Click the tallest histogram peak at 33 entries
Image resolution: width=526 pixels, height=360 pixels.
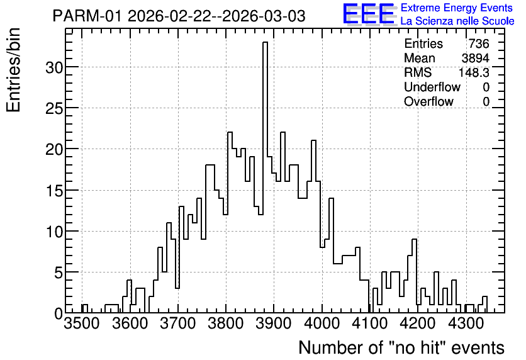pyautogui.click(x=265, y=43)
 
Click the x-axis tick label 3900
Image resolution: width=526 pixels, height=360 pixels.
pyautogui.click(x=274, y=323)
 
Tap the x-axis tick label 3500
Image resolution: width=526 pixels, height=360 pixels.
pyautogui.click(x=82, y=323)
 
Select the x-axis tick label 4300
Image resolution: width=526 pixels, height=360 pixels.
pyautogui.click(x=466, y=323)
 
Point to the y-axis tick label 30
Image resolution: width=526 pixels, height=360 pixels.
pyautogui.click(x=53, y=67)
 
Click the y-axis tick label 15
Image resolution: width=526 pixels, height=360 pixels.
pyautogui.click(x=53, y=191)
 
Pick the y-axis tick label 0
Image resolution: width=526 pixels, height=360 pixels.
pyautogui.click(x=58, y=313)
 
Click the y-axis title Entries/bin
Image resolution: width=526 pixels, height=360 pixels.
pyautogui.click(x=13, y=70)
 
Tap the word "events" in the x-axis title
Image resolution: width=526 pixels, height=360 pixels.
pyautogui.click(x=478, y=347)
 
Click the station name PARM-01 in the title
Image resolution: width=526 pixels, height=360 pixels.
pyautogui.click(x=88, y=16)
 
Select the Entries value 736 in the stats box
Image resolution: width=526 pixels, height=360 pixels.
pyautogui.click(x=479, y=43)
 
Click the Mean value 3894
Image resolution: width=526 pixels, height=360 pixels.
pyautogui.click(x=475, y=58)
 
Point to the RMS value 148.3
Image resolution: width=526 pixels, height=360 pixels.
pyautogui.click(x=474, y=72)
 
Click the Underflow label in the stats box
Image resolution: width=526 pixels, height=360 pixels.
pyautogui.click(x=432, y=87)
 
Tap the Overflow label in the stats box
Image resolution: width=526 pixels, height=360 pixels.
pyautogui.click(x=428, y=101)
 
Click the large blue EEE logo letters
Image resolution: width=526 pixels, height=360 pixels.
pyautogui.click(x=369, y=14)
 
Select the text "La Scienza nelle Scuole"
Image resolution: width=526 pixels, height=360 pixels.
pyautogui.click(x=457, y=21)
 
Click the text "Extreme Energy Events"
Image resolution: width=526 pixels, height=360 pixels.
pyautogui.click(x=457, y=8)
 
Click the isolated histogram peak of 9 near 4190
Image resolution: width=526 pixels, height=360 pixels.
pyautogui.click(x=414, y=240)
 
